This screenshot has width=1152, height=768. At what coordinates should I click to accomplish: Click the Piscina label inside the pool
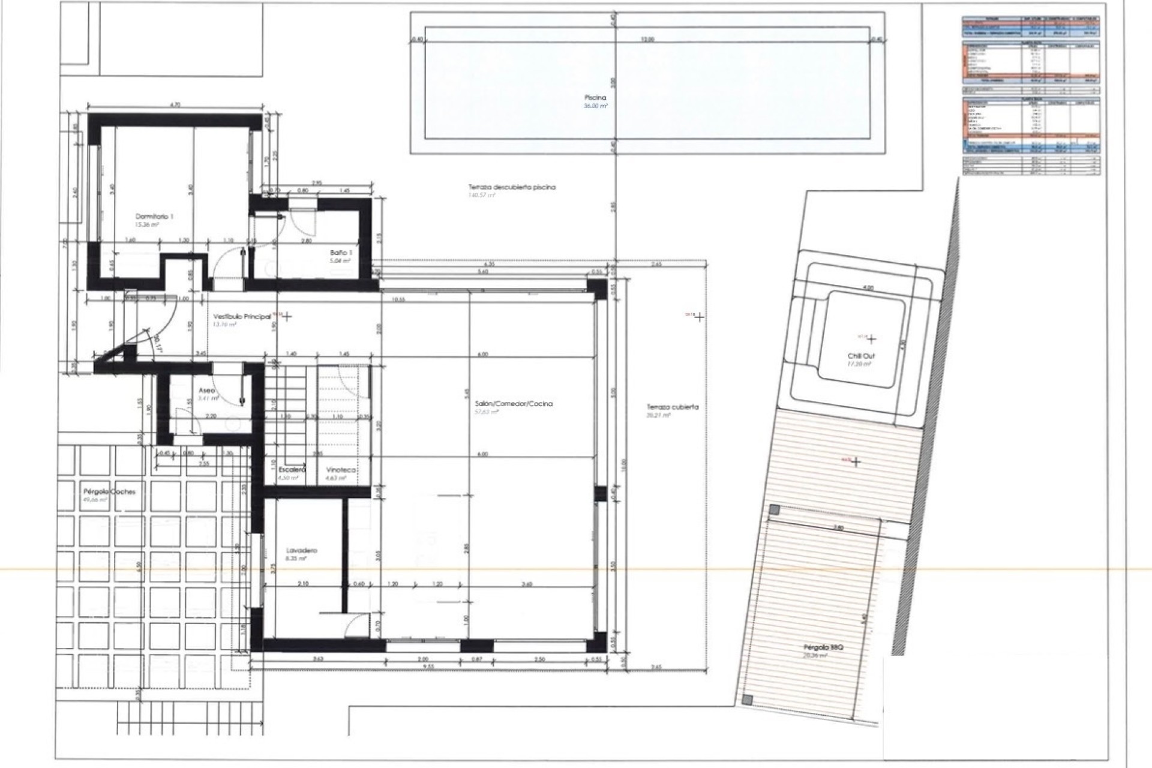tap(595, 97)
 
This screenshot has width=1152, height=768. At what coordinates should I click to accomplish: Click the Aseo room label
tap(207, 390)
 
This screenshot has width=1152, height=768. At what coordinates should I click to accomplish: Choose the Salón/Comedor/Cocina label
tap(513, 404)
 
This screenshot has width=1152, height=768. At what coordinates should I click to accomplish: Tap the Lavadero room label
tap(302, 550)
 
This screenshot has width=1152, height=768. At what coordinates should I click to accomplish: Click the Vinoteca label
tap(341, 470)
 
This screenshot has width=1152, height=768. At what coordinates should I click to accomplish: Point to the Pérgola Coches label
tap(109, 491)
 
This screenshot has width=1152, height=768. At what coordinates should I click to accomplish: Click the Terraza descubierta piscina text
tap(512, 187)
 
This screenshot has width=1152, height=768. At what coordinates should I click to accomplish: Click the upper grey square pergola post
tap(775, 510)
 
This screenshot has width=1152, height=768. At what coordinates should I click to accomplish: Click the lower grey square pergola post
tap(746, 700)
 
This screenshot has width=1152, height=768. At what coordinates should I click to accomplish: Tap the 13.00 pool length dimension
tap(647, 40)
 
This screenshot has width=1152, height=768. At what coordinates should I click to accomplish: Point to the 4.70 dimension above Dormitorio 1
tap(175, 105)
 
